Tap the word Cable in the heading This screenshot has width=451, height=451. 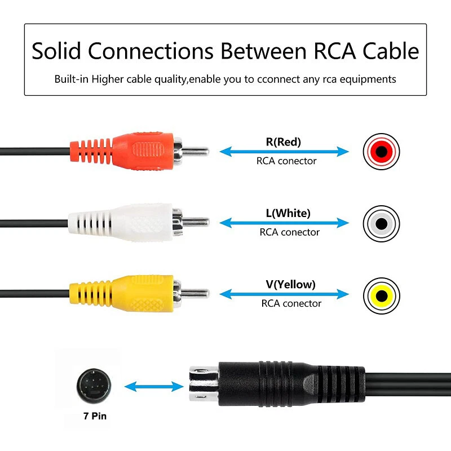point(387,51)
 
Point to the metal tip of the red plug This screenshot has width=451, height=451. point(196,151)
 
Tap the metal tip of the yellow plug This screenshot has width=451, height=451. point(196,293)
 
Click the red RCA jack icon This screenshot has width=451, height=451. point(382,151)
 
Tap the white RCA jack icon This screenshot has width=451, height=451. point(382,223)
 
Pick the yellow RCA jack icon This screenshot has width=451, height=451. point(382,294)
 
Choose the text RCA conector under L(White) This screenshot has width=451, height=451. point(289,232)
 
